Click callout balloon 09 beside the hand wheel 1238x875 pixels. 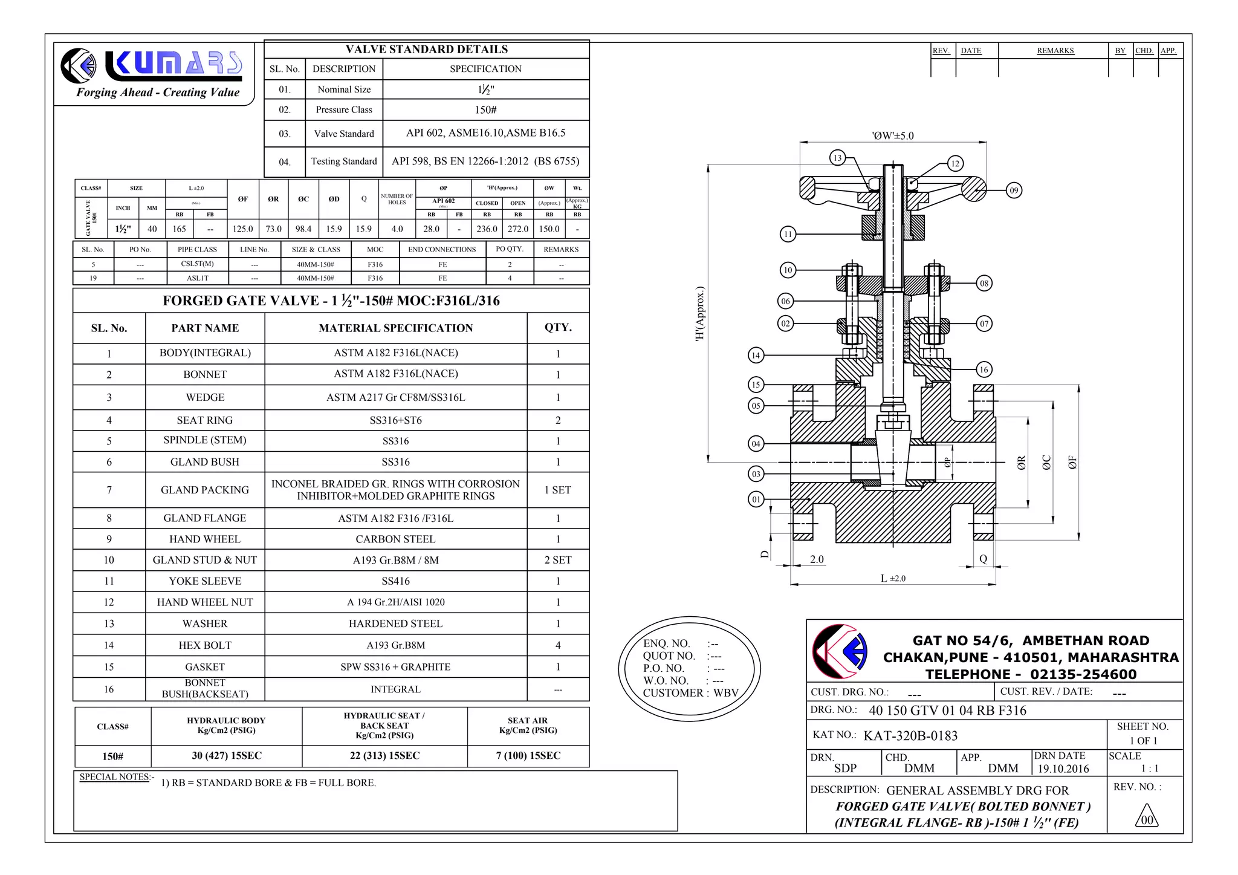tap(1014, 190)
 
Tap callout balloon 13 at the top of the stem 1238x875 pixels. tap(837, 158)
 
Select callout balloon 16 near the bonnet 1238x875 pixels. tap(984, 369)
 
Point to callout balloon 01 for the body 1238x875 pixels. tap(756, 499)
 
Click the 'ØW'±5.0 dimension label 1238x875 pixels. tap(893, 136)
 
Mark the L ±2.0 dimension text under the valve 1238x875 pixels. tap(893, 579)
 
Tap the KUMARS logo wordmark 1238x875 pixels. tap(174, 65)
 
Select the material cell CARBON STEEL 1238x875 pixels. tap(395, 539)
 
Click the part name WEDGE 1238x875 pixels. tap(205, 397)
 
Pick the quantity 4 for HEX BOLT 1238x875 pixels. tap(557, 645)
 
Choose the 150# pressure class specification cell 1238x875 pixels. tap(485, 110)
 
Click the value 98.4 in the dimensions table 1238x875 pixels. tap(303, 229)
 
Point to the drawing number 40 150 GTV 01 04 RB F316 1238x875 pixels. tap(947, 711)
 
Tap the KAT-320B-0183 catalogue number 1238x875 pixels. tap(910, 736)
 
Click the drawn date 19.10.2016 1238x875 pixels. tap(1063, 769)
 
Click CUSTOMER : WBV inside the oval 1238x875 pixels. tap(690, 693)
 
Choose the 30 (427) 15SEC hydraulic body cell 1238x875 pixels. tap(227, 756)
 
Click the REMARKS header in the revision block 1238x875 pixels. tap(1055, 51)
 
